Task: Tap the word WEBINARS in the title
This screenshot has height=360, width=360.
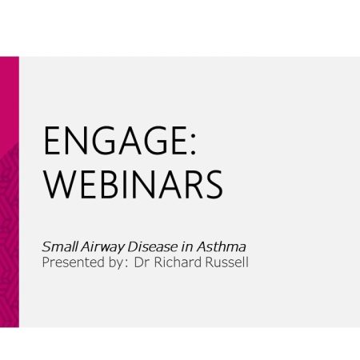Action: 133,185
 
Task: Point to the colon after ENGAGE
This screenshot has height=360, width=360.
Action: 194,143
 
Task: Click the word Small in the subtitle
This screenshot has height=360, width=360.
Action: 60,246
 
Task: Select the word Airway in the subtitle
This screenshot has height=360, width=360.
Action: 103,247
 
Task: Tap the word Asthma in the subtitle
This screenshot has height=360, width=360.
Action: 222,246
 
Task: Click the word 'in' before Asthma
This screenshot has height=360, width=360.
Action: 187,247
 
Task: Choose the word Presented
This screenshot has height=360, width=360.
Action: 74,262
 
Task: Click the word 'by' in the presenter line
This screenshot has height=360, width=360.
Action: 115,263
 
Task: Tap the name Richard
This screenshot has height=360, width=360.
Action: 178,262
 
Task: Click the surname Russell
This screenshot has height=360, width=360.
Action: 227,262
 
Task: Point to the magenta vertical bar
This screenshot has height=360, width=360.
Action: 10,192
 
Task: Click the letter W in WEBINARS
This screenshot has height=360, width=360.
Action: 60,185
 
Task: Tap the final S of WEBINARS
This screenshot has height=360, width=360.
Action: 214,185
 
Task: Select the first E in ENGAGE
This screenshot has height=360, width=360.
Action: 53,141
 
